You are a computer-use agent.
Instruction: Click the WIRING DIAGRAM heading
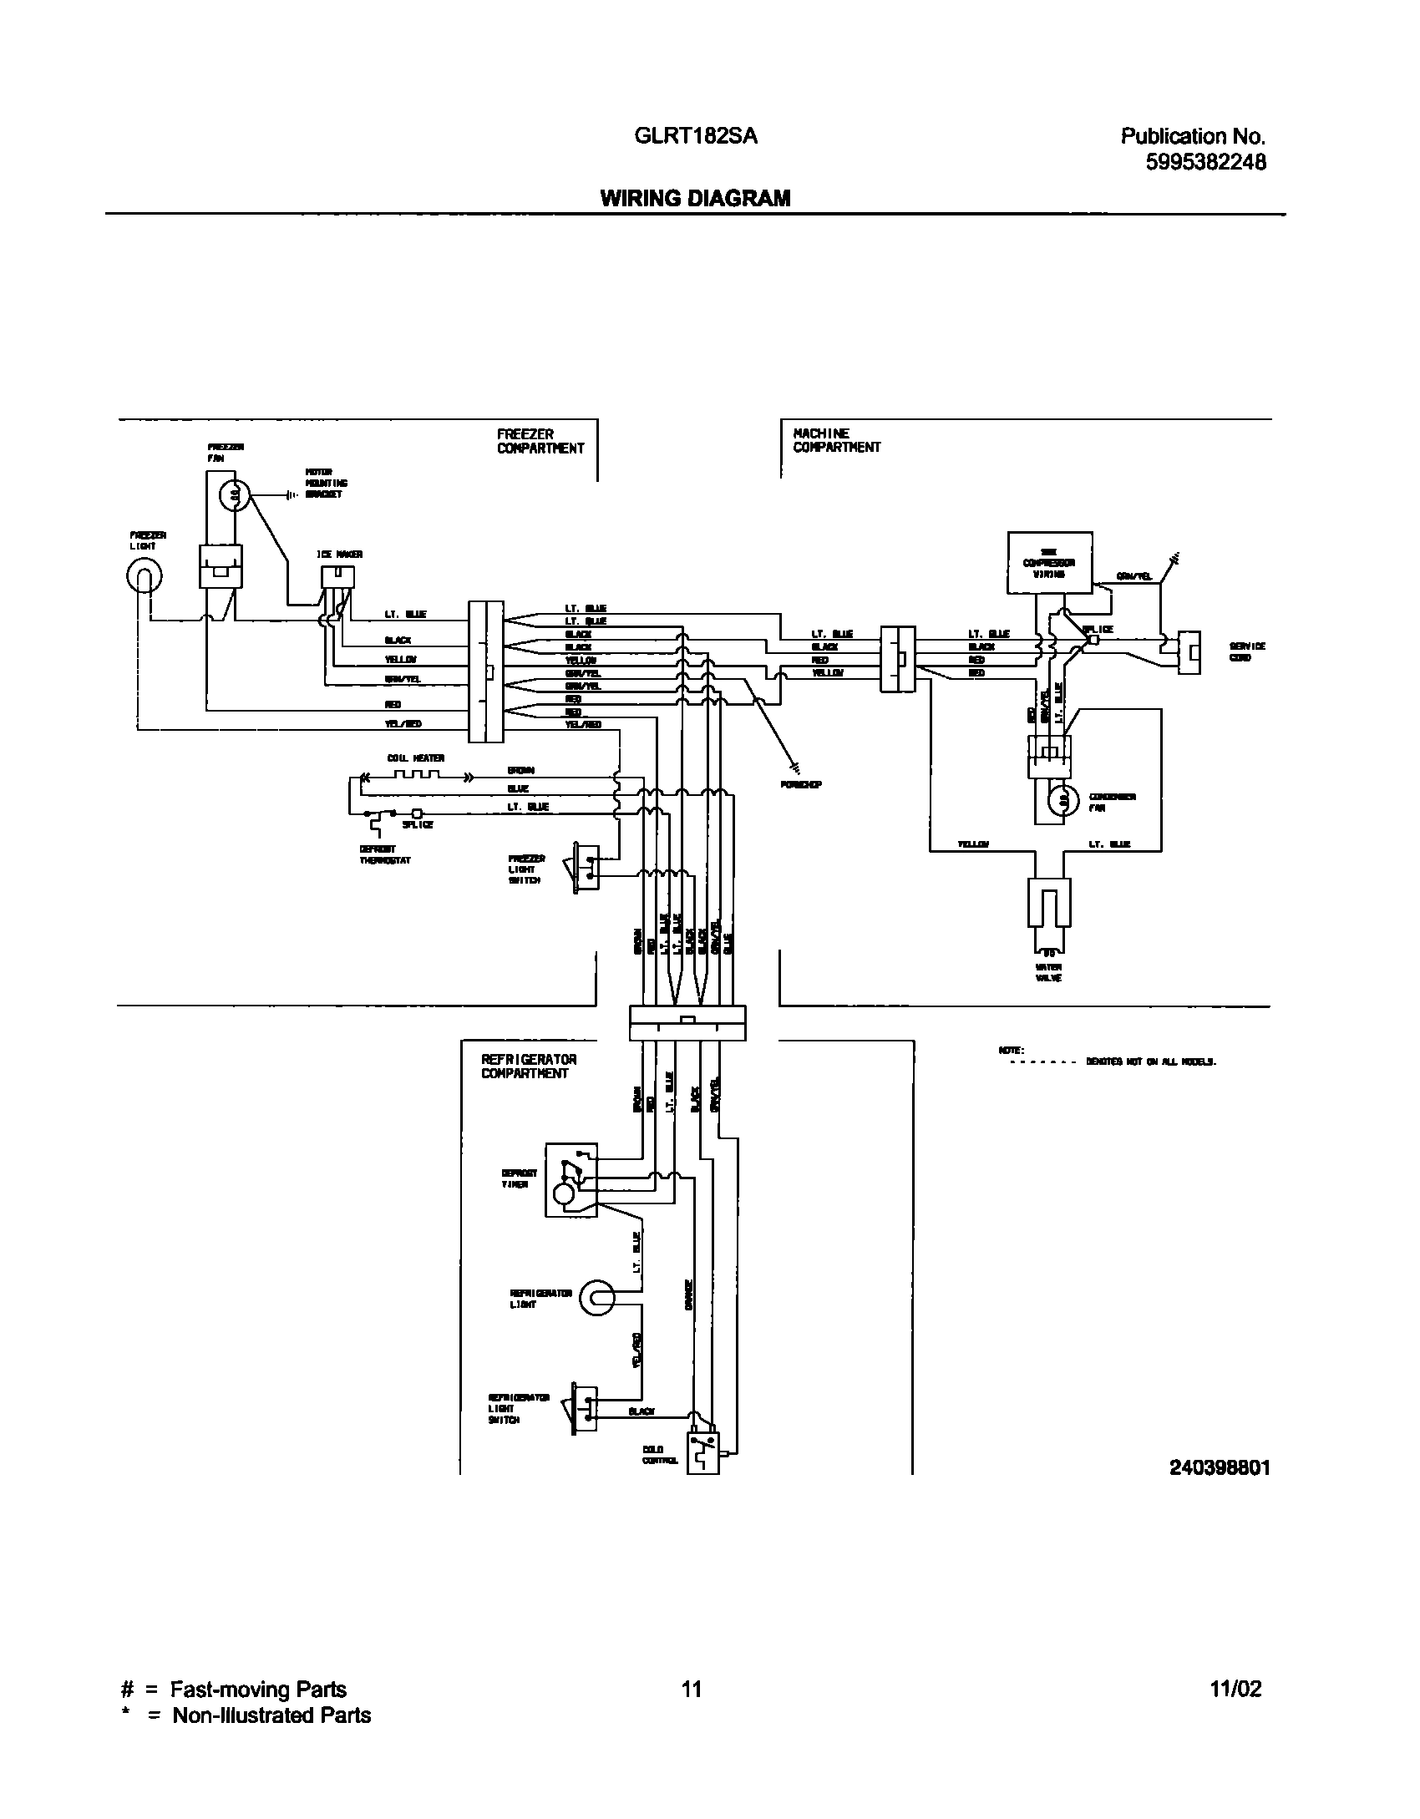[695, 199]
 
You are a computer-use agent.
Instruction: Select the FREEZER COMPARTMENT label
[540, 441]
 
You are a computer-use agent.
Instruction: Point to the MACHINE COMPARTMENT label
[836, 440]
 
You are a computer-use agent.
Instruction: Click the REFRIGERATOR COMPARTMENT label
[528, 1067]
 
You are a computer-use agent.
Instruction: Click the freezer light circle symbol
[144, 575]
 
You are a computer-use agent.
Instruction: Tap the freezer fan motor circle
[235, 496]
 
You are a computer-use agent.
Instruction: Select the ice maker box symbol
[337, 576]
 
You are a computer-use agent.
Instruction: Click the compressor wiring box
[1049, 562]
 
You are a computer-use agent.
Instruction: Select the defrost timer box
[571, 1180]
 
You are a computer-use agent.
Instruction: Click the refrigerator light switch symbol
[584, 1408]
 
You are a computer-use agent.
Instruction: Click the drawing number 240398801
[1220, 1467]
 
